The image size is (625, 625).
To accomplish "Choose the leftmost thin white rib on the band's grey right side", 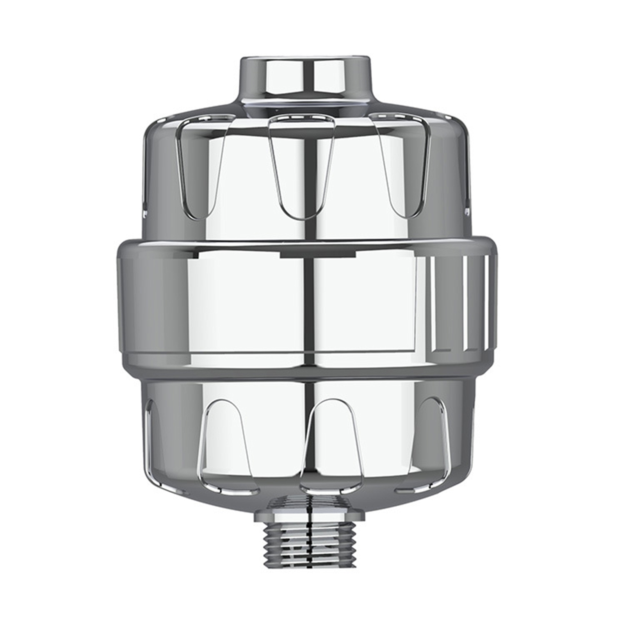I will [x=433, y=304].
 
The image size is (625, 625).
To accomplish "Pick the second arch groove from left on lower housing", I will [x=226, y=445].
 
